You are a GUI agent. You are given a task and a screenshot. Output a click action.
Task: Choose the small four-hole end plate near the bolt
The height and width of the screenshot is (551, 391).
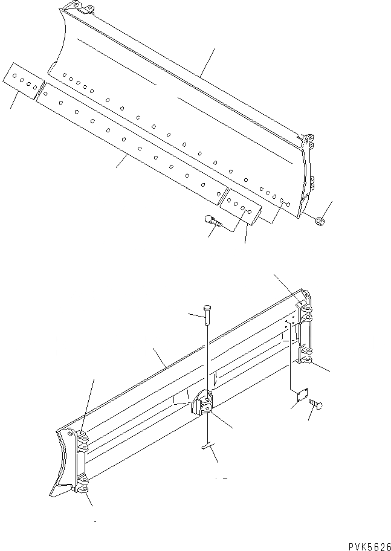(x=241, y=207)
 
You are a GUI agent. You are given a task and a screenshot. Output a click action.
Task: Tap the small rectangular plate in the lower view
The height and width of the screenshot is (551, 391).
(x=298, y=394)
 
